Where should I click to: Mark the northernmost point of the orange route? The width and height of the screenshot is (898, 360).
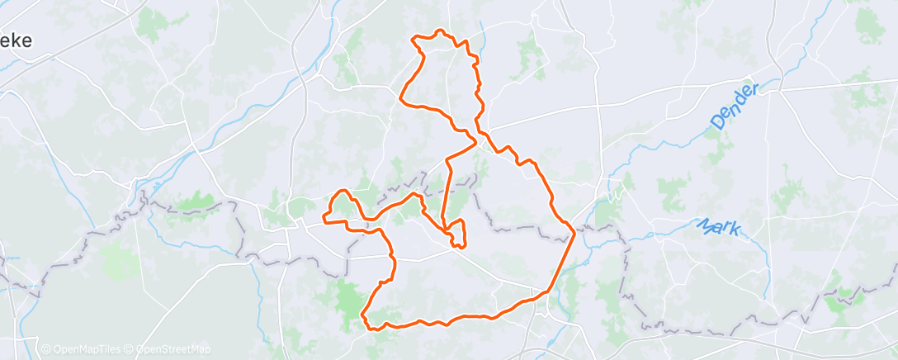440,31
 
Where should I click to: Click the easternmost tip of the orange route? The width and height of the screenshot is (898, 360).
574,233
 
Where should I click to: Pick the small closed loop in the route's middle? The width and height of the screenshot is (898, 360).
456,234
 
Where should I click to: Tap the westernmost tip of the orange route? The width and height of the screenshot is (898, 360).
324,220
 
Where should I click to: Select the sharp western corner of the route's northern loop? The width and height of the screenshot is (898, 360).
401,99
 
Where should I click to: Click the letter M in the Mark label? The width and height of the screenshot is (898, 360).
707,223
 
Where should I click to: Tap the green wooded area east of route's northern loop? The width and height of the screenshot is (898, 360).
530,56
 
